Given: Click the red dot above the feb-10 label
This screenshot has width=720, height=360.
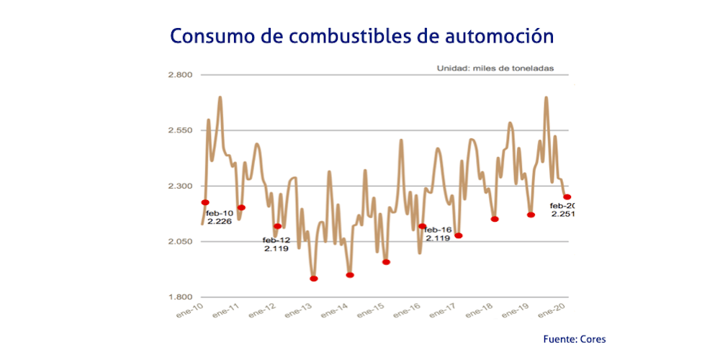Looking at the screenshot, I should point(205,202).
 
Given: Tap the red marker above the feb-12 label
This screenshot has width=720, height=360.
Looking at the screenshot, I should point(277,226).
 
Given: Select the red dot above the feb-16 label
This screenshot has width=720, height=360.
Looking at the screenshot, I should point(422,226).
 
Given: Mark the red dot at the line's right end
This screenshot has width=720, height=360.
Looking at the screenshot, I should point(567,197).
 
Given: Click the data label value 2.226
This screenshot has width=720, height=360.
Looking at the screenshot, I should point(219,222).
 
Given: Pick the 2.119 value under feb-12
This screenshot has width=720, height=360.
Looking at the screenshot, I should point(276,248).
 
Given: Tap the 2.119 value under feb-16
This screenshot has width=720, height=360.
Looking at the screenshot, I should point(437,238).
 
